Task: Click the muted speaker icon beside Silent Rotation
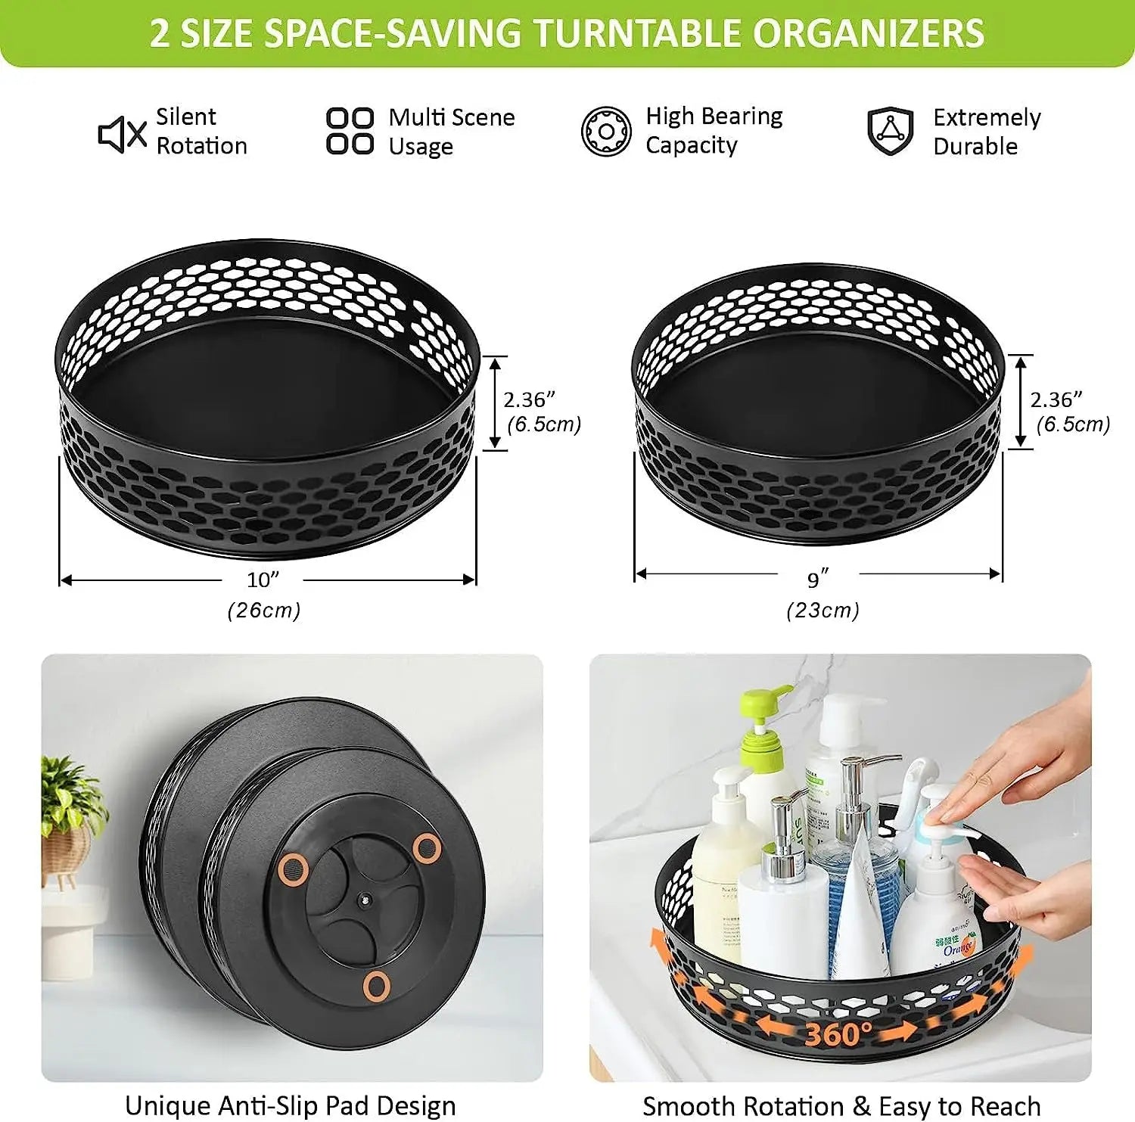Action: (122, 135)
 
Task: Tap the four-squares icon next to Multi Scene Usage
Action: (350, 131)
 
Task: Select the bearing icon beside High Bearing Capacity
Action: (605, 132)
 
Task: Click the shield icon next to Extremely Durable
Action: (890, 131)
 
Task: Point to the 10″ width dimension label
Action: (263, 580)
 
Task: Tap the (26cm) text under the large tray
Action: (264, 611)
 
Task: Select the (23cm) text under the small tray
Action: (822, 611)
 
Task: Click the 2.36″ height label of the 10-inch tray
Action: (530, 399)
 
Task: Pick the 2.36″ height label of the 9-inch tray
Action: (1056, 399)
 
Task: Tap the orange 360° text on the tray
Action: (837, 1033)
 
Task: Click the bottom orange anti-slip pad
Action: (376, 985)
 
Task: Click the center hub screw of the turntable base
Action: (364, 900)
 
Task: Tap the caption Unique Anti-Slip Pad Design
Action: (290, 1105)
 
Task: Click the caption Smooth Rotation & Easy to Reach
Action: (841, 1106)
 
